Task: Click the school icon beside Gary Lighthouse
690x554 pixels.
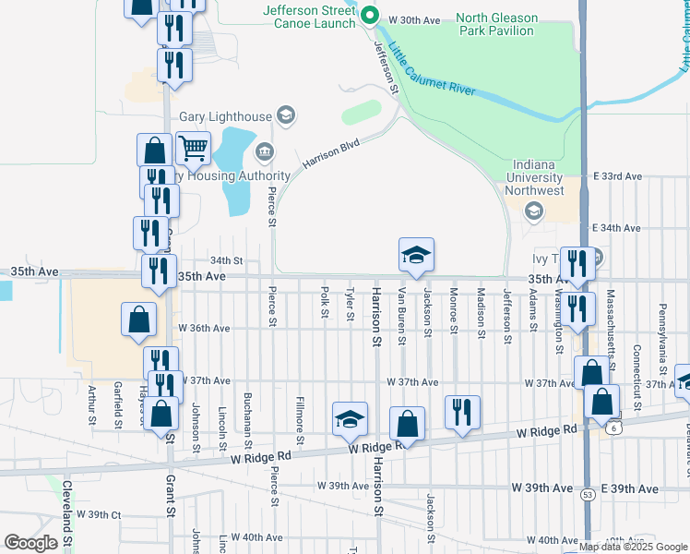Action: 286,115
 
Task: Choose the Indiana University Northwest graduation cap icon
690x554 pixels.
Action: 533,211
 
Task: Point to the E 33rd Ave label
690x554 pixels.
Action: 617,175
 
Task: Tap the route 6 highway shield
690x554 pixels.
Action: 613,427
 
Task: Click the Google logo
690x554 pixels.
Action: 30,543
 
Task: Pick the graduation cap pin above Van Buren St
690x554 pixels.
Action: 416,255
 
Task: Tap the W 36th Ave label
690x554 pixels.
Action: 204,328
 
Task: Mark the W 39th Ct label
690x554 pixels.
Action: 99,514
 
